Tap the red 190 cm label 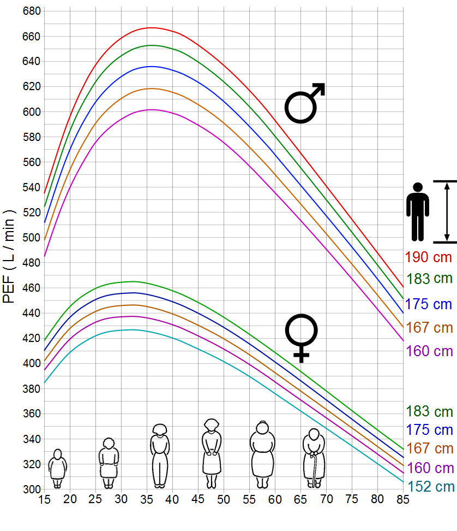(428, 257)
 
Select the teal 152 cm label (430, 486)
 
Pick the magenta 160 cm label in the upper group (429, 351)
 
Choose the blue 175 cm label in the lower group (430, 429)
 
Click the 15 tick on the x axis (44, 499)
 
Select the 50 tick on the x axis (224, 499)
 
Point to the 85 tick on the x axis (403, 499)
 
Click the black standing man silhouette (418, 212)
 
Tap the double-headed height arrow (447, 212)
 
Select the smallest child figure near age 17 (57, 468)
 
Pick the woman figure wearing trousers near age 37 (159, 455)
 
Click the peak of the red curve (151, 27)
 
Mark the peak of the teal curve (131, 329)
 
